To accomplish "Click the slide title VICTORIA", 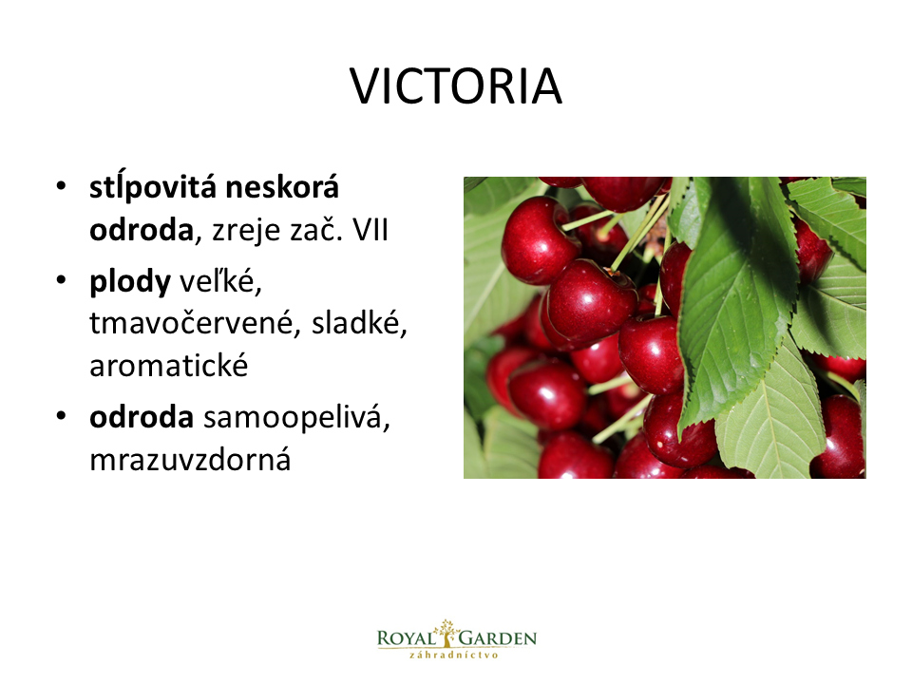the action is coord(456,86).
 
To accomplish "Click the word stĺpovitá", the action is coord(153,188).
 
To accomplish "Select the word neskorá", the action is coord(282,187).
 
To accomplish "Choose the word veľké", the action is coord(220,281).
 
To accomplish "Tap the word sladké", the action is coord(359,323).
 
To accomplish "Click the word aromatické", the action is coord(169,366).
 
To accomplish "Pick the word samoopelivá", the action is coord(296,419).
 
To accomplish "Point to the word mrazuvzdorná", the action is coord(190,460).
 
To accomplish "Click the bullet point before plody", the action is coord(62,280).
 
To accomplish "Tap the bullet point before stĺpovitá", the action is coord(62,186).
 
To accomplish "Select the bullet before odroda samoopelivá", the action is coord(62,416).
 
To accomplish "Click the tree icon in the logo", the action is coord(446,633).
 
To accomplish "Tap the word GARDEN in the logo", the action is coord(497,638).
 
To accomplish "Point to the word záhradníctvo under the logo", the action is coord(454,655).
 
